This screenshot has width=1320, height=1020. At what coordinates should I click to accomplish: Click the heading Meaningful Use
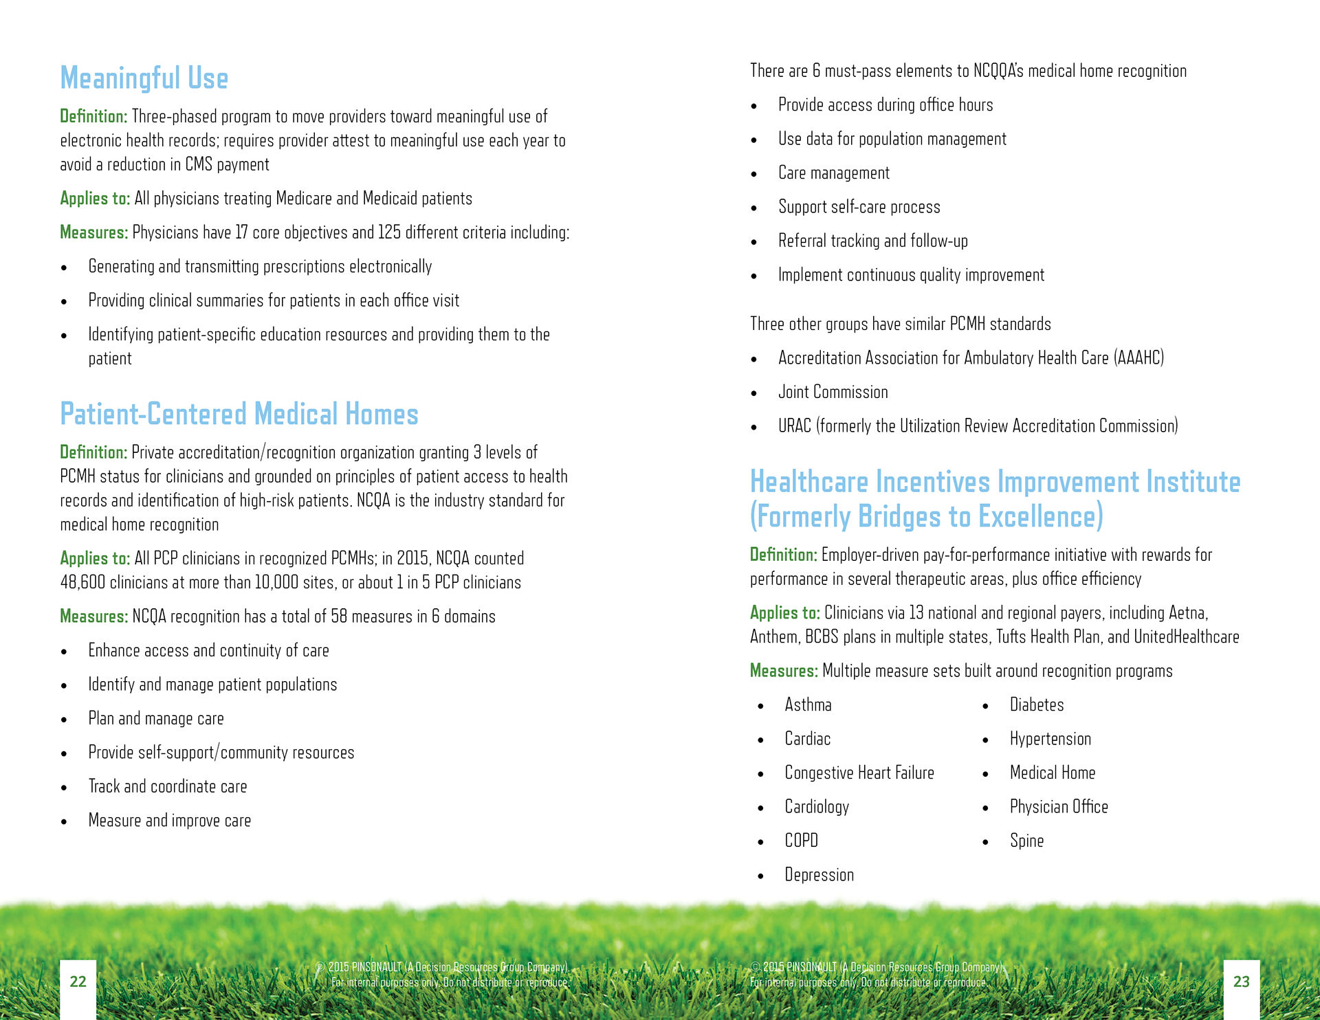coord(144,78)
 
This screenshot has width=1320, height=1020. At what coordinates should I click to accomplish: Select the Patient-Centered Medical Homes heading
coord(239,414)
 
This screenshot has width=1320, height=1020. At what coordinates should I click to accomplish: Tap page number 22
coord(78,982)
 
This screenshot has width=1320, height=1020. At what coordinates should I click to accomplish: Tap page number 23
coord(1241,982)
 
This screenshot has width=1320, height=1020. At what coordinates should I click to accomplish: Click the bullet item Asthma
coord(808,705)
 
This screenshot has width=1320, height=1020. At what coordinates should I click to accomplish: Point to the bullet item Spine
coord(1026,841)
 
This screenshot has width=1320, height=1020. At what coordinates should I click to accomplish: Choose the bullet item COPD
coord(801,841)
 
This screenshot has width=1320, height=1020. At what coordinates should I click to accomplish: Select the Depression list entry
coord(819,875)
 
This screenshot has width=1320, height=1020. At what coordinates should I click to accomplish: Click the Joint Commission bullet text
coord(833,392)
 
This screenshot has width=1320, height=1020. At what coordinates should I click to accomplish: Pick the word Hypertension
coord(1050,740)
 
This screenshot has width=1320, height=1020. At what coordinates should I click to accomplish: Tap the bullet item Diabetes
coord(1036,705)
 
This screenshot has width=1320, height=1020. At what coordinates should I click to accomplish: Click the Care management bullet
coord(833,173)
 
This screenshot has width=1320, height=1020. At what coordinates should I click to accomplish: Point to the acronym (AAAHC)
coord(1139,358)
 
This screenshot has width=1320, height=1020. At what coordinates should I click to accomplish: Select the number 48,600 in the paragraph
coord(82,583)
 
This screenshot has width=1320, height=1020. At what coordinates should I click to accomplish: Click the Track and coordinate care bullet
coord(167,787)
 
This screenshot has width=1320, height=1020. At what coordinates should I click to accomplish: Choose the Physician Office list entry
coord(1059,807)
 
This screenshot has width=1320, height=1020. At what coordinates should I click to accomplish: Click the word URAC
coord(794,426)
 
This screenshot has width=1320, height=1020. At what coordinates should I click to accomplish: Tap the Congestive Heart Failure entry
coord(859,773)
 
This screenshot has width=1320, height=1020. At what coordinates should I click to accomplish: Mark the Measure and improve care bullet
coord(169,821)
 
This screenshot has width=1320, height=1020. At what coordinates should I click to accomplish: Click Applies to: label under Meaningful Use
coord(95,199)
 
